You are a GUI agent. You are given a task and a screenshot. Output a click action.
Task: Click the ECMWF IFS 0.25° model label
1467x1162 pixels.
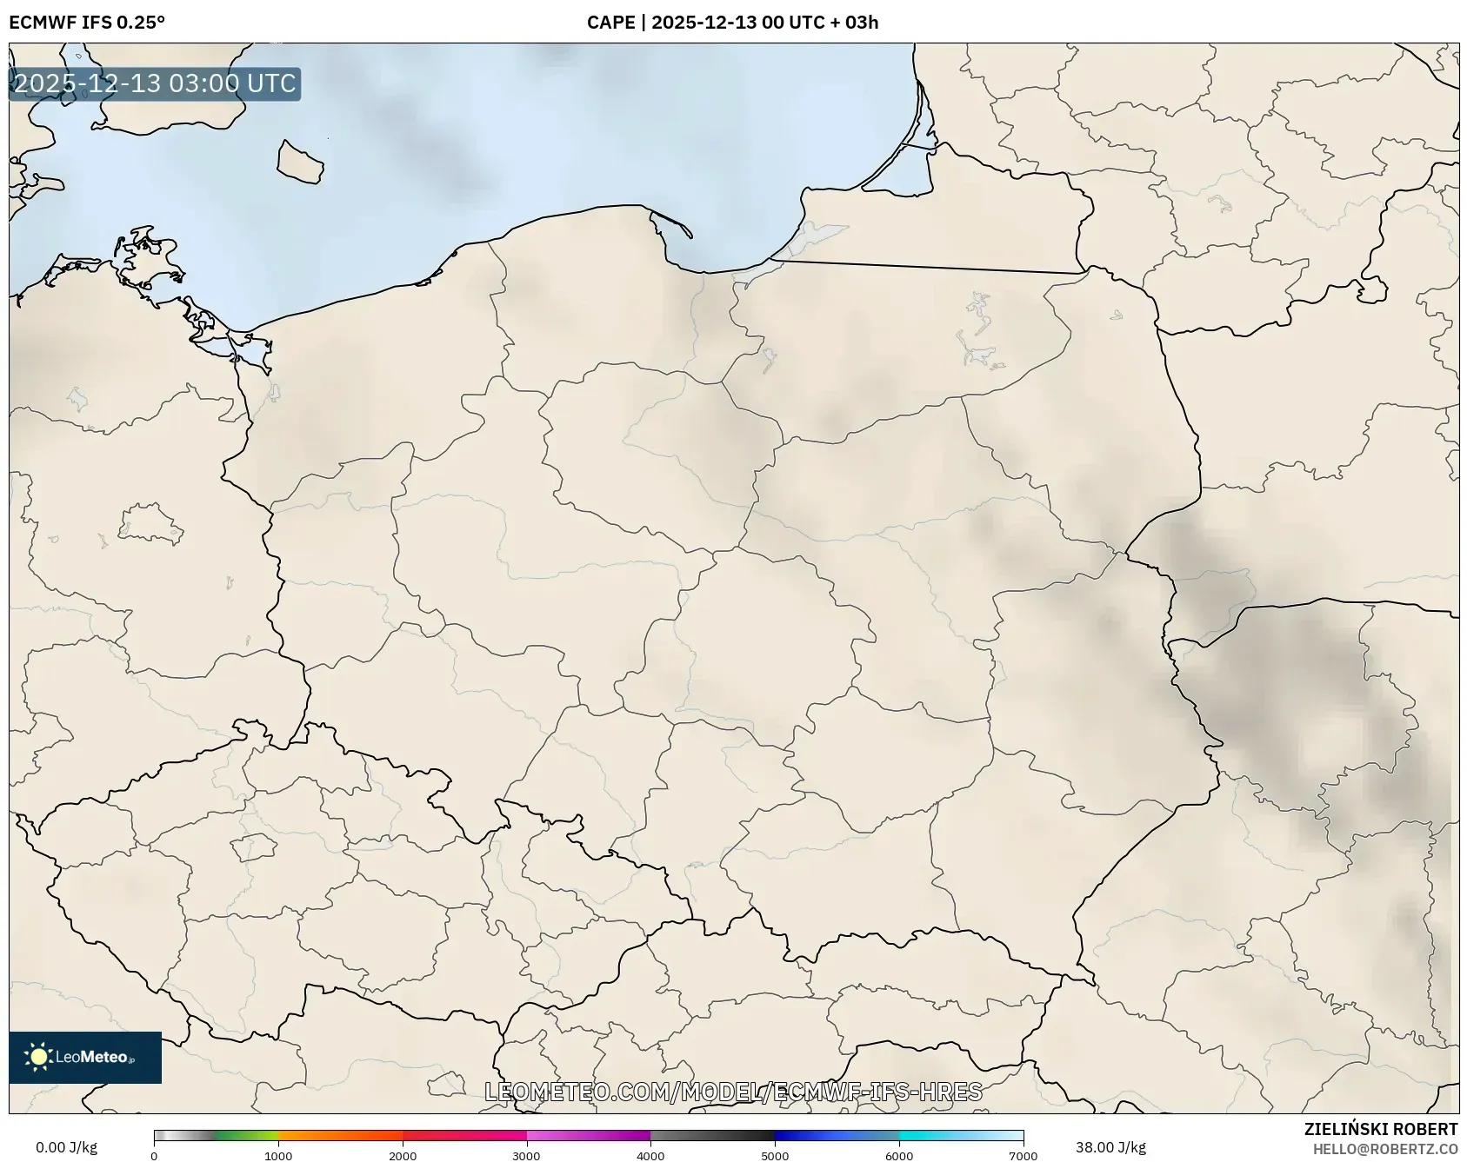[87, 22]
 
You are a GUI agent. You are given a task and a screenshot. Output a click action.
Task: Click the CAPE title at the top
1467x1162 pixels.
[732, 22]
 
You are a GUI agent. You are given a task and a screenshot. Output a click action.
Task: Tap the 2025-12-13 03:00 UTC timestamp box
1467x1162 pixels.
[155, 83]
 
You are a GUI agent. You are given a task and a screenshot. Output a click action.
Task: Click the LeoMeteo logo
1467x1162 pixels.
[85, 1057]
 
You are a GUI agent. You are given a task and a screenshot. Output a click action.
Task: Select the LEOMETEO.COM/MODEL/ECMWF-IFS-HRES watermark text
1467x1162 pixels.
[733, 1092]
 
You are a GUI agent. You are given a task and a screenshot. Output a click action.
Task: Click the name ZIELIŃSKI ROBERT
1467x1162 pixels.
[1381, 1129]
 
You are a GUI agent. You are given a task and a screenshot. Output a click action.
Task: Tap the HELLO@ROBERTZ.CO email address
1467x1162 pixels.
[1385, 1149]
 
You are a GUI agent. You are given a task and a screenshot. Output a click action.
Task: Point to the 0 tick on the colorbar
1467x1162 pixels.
[154, 1156]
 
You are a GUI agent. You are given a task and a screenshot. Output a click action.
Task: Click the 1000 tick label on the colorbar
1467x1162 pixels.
[278, 1156]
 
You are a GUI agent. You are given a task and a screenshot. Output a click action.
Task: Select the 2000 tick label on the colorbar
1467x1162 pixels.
[403, 1156]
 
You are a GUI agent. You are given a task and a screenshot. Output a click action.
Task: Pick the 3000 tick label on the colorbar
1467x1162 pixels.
[526, 1156]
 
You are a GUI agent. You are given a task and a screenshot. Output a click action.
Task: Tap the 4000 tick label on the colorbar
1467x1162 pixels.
[650, 1156]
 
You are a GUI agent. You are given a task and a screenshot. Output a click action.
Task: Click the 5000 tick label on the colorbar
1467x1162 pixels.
[775, 1156]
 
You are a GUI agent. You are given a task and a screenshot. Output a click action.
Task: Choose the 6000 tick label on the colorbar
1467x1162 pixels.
[899, 1156]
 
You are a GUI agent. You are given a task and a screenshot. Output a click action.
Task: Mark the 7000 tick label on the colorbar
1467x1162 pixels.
[1023, 1156]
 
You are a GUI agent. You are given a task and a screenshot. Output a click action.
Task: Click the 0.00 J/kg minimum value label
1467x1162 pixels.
[67, 1147]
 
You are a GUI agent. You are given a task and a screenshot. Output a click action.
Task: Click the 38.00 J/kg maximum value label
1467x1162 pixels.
[1110, 1147]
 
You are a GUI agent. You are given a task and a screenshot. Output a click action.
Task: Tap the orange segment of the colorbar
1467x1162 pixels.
[339, 1135]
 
